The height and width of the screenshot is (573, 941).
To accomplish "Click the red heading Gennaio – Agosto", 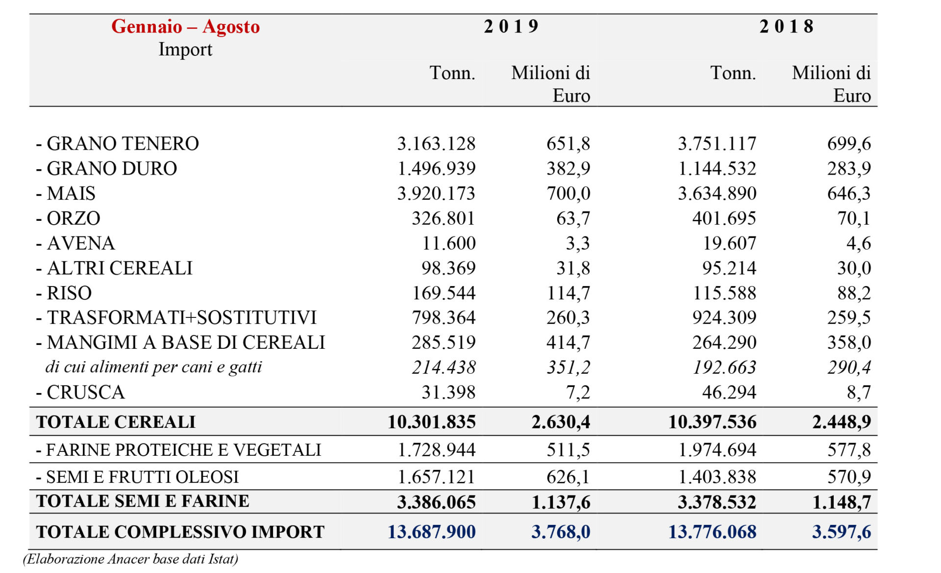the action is tap(185, 26).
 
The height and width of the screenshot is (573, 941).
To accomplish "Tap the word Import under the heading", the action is tap(185, 50).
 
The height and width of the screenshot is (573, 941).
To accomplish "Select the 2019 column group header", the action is tap(511, 26).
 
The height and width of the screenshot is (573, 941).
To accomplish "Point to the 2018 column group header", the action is tap(787, 26).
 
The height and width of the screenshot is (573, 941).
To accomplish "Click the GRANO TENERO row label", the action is tap(118, 144).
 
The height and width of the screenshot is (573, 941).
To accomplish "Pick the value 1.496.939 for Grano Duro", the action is tap(436, 169).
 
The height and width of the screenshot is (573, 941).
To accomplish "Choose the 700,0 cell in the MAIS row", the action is tap(569, 194).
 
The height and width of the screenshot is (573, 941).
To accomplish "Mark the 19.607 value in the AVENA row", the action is tap(730, 243).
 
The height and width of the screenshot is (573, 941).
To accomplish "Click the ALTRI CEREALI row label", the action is tap(114, 268).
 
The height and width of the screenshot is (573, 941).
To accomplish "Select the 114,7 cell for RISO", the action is tap(569, 293).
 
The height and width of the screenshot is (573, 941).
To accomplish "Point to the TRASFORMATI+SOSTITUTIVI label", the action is tap(176, 318).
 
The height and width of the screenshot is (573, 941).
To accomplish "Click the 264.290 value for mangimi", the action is tap(724, 342).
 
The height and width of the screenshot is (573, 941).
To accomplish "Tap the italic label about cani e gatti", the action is tap(154, 367).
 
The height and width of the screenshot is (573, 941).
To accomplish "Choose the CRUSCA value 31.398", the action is tap(448, 392).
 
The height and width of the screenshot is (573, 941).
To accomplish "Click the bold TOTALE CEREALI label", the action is tap(116, 422).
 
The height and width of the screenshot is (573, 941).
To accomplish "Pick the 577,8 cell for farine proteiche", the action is tap(849, 450).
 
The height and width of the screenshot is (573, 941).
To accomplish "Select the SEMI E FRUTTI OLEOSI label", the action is tap(137, 477).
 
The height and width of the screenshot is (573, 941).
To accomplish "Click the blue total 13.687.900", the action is tap(431, 532).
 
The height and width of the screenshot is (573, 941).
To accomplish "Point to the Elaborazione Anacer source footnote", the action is tap(130, 559).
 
